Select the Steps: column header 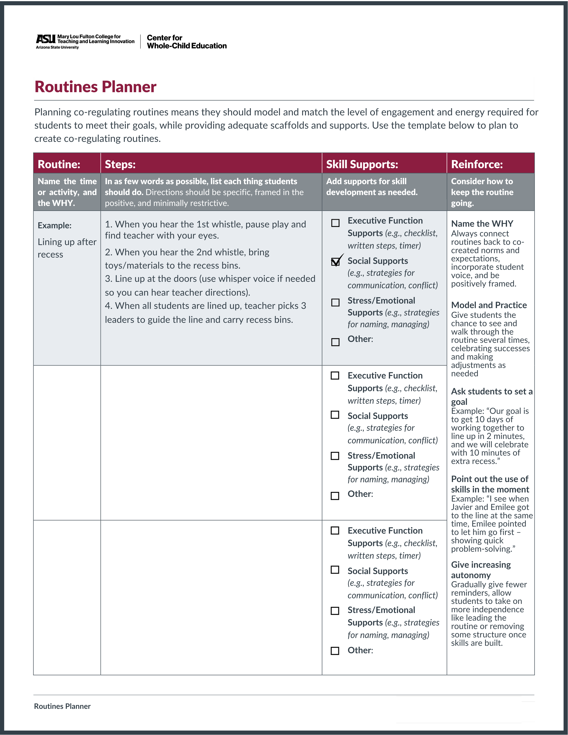click(120, 164)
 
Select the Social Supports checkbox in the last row click(335, 570)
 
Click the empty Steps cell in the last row click(211, 597)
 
